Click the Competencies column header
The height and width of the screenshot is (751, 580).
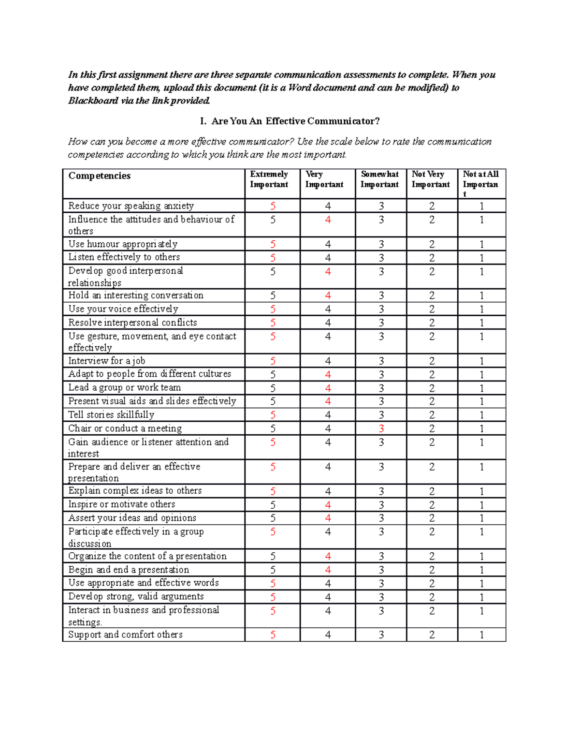[100, 176]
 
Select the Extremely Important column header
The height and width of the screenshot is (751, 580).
[269, 179]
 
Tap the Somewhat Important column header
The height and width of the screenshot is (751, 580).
[380, 179]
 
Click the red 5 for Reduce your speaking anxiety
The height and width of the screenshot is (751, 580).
[273, 206]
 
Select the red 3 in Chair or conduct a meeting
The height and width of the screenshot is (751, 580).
[381, 429]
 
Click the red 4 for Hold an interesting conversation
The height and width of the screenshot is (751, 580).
[328, 295]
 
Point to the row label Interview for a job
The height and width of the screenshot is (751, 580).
[107, 361]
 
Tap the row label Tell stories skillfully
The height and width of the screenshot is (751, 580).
[111, 415]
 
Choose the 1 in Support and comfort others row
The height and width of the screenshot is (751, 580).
[481, 635]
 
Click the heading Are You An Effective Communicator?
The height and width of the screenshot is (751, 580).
[295, 121]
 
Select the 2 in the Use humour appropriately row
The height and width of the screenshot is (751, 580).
[432, 245]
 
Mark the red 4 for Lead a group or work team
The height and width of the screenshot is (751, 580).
[328, 388]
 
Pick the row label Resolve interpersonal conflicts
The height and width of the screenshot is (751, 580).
[132, 323]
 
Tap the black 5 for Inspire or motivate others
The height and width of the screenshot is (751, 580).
[273, 505]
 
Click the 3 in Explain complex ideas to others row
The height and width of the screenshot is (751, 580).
[381, 491]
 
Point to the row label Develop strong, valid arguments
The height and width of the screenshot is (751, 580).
[136, 597]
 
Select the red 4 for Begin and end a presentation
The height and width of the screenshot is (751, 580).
[328, 570]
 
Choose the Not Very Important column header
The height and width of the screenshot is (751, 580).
[431, 179]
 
